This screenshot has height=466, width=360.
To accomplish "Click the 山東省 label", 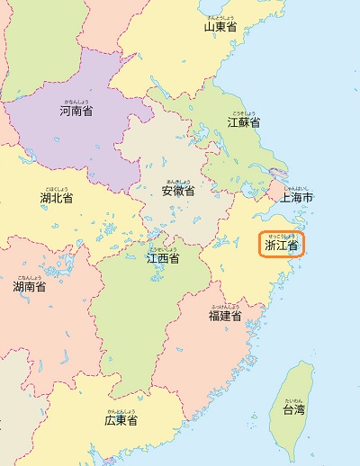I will click(x=220, y=27).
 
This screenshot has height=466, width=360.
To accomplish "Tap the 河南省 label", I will click(x=76, y=112).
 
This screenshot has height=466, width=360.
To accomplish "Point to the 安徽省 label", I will click(x=178, y=191).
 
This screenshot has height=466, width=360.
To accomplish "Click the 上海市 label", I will click(x=296, y=197).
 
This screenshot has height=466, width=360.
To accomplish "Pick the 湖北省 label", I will click(x=56, y=197).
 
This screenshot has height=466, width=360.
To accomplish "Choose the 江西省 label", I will click(x=162, y=259).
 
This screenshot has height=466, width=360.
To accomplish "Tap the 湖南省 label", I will click(x=29, y=287).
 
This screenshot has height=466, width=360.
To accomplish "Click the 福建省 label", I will click(x=225, y=316).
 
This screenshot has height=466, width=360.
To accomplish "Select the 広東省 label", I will click(x=121, y=420).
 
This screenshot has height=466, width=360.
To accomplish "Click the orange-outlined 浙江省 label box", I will click(x=282, y=244).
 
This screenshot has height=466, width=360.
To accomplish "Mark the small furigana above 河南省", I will click(x=76, y=103).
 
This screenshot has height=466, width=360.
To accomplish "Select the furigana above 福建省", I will click(x=225, y=307).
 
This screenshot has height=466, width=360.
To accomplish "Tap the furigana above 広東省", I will click(x=121, y=411).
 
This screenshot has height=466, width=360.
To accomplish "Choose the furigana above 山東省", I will click(x=220, y=17).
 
